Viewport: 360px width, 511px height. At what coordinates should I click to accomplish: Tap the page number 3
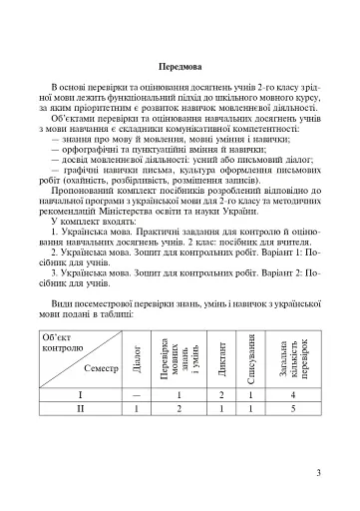(x=317, y=472)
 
